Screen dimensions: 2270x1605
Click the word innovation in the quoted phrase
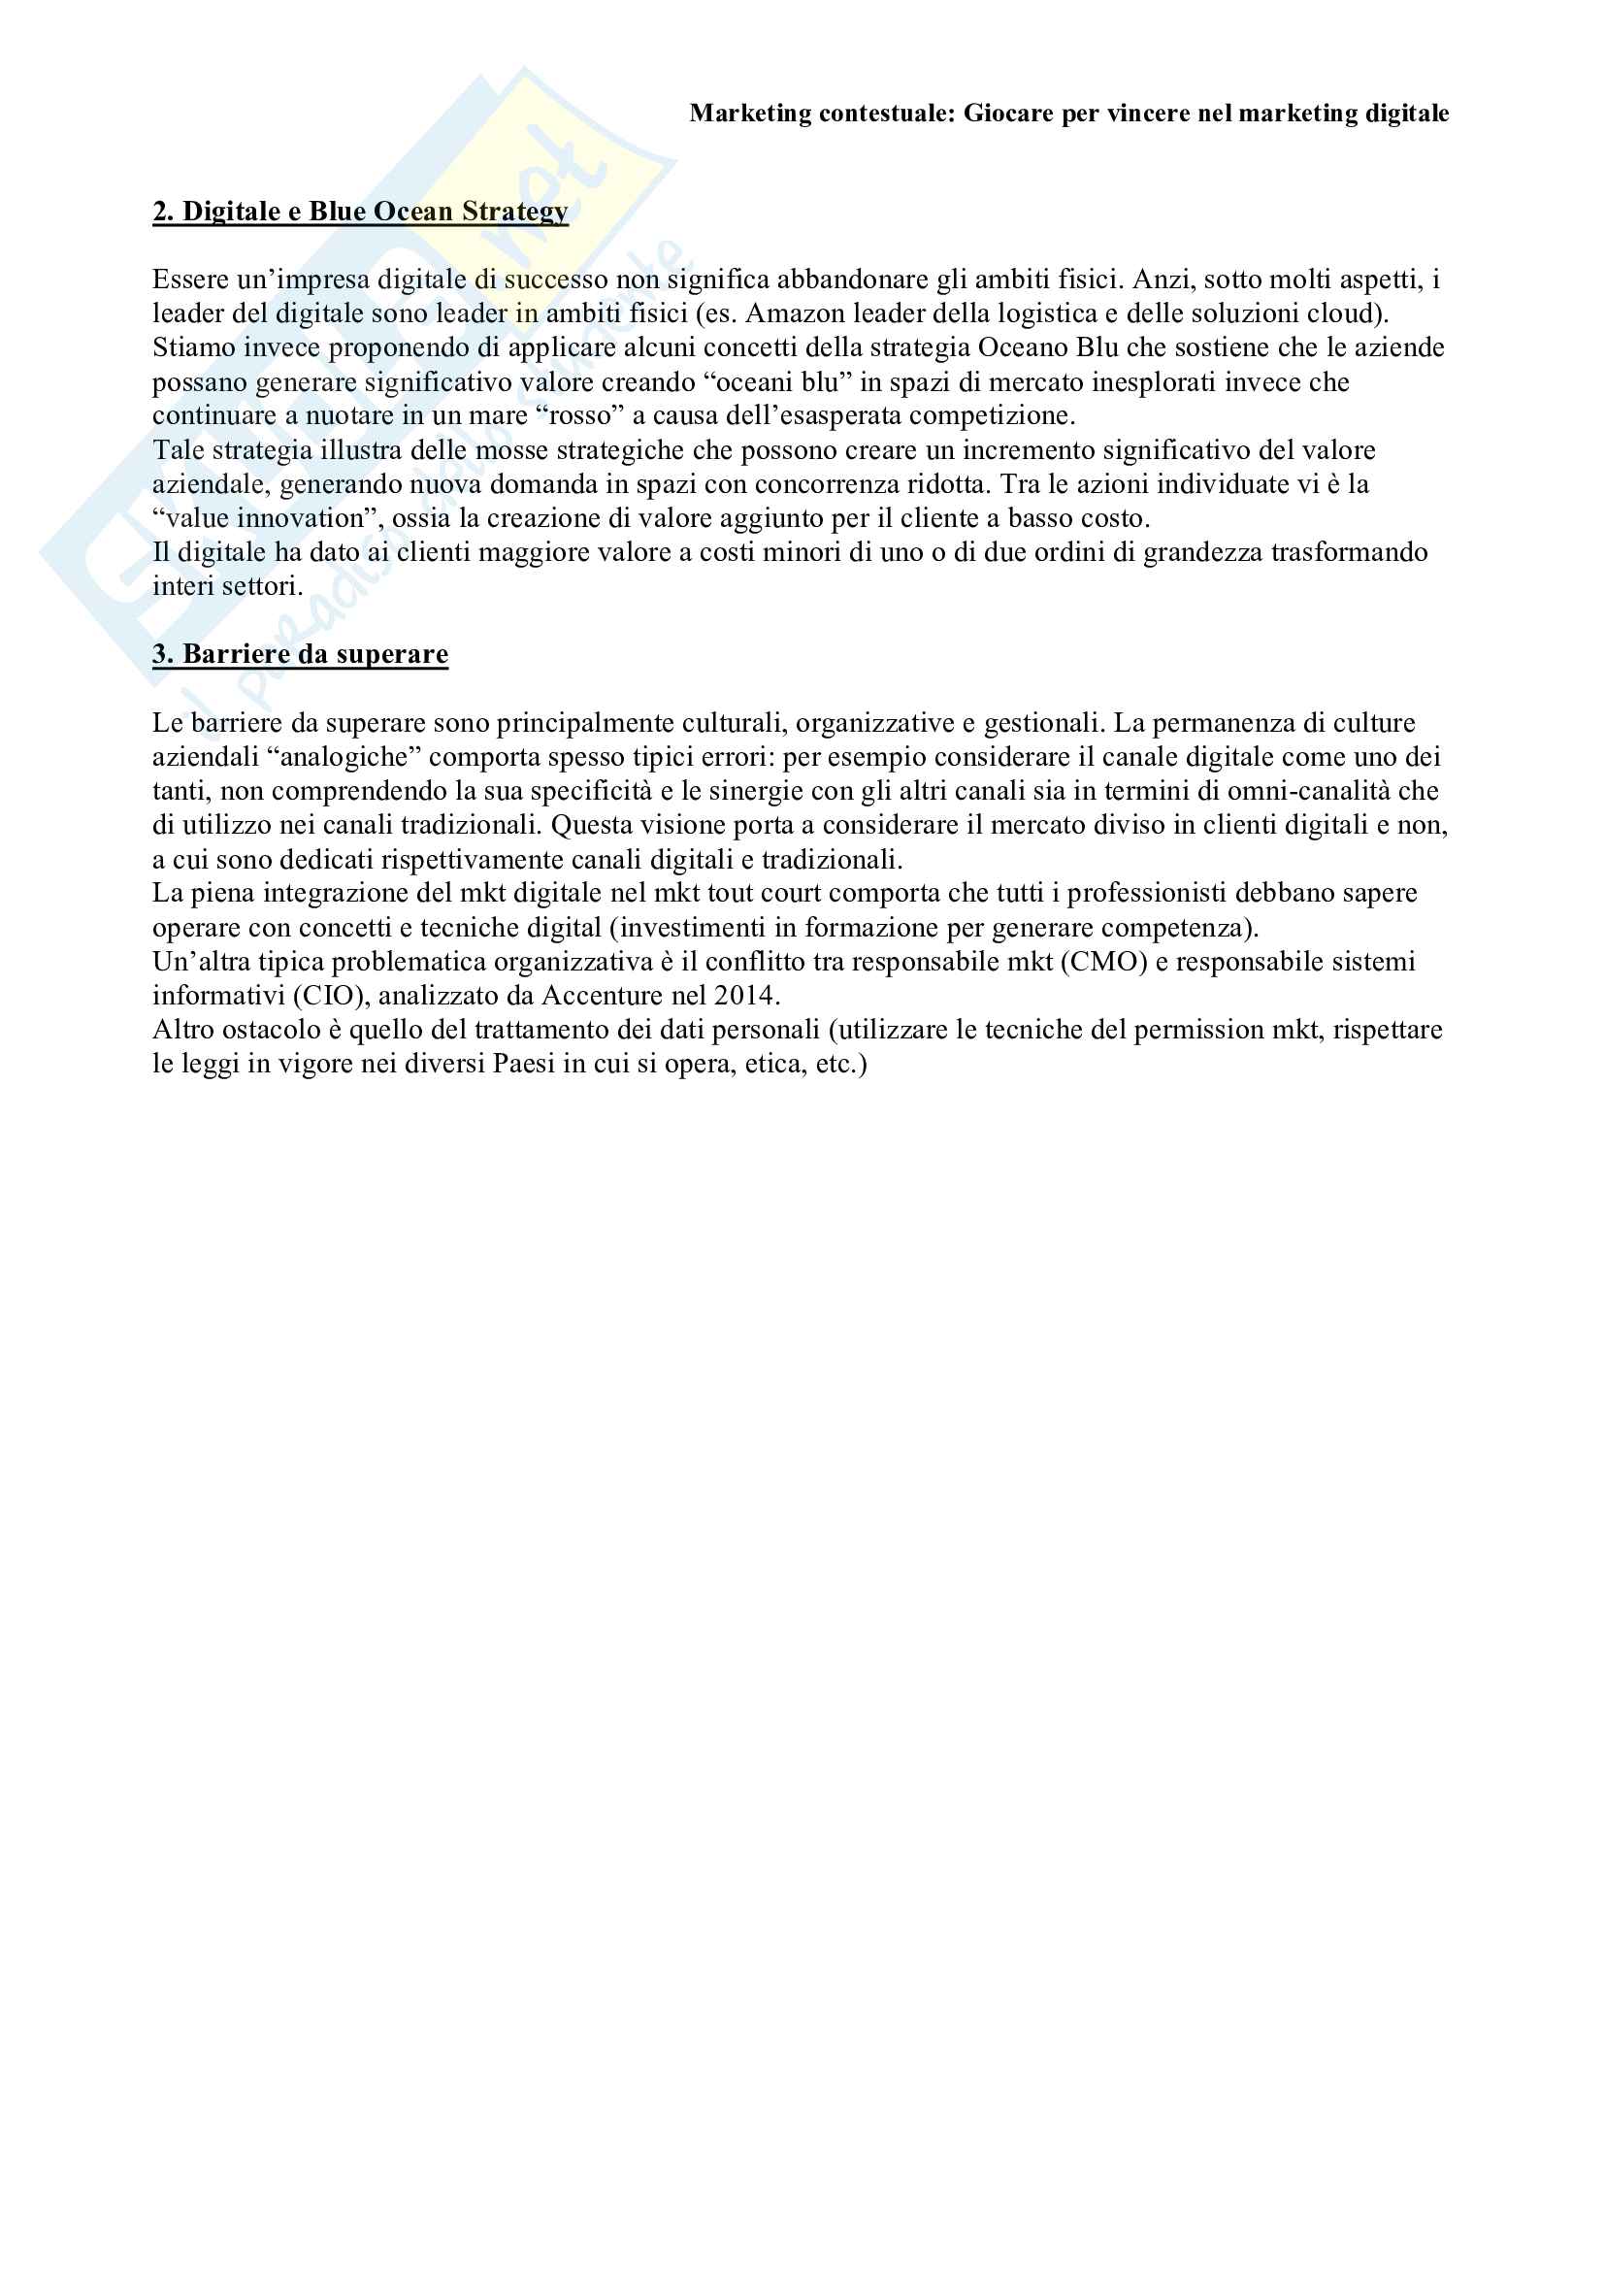coord(302,518)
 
